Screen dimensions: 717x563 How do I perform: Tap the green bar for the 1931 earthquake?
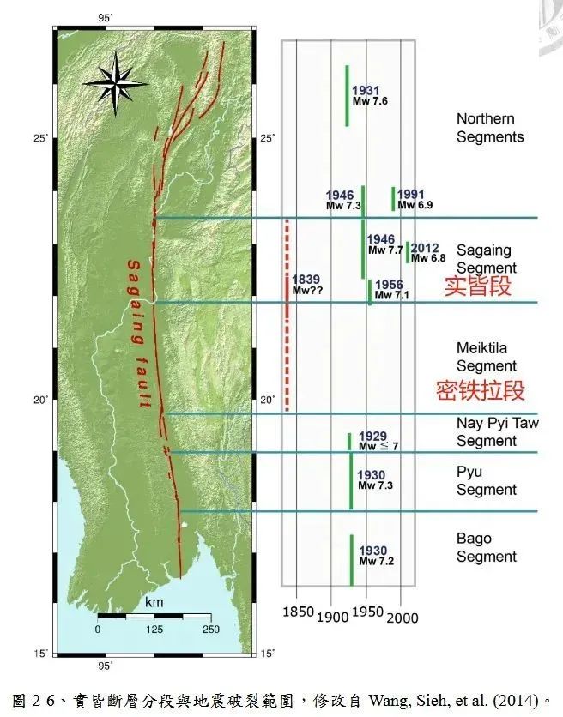pos(347,95)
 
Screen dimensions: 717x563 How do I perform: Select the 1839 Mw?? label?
pos(306,285)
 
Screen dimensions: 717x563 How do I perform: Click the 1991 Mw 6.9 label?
pos(415,200)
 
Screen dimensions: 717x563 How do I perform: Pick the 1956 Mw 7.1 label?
pos(393,290)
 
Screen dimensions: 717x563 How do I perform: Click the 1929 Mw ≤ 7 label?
pos(378,441)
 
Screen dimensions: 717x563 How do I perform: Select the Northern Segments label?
pos(489,128)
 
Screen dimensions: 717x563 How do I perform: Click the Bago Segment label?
pos(487,547)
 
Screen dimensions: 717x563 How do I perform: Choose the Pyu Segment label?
pos(486,481)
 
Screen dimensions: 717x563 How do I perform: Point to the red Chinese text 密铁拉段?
pos(480,391)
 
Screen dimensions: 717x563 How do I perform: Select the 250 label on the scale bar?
pos(210,630)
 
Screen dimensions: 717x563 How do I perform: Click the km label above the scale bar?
pos(154,603)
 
